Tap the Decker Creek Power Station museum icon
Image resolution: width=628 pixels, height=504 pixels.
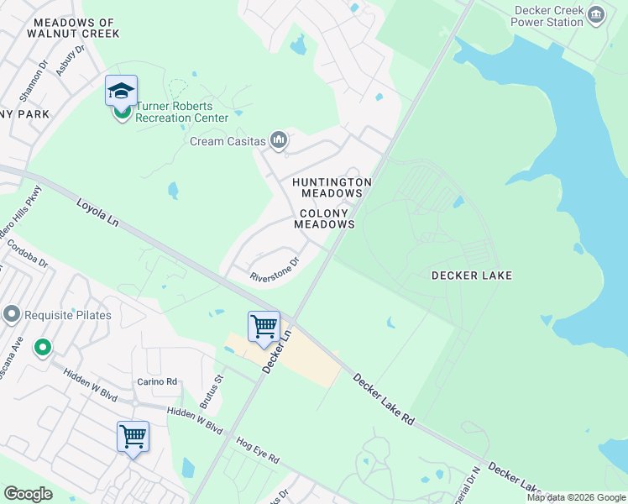596,14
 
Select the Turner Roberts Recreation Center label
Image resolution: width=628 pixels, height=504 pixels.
182,112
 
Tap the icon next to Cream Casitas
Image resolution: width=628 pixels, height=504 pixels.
280,142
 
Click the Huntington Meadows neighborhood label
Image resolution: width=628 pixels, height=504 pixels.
331,187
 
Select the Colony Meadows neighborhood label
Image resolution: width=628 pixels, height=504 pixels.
325,219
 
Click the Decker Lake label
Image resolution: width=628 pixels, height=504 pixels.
471,276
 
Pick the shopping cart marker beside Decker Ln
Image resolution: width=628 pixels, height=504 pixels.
264,326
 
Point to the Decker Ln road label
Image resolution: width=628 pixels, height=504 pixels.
275,352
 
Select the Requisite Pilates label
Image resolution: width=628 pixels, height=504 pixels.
67,315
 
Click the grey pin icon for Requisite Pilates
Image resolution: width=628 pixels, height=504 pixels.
12,315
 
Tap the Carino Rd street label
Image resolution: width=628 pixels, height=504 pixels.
158,381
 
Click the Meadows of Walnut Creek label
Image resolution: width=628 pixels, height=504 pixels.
73,28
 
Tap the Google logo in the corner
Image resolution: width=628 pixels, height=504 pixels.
28,494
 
